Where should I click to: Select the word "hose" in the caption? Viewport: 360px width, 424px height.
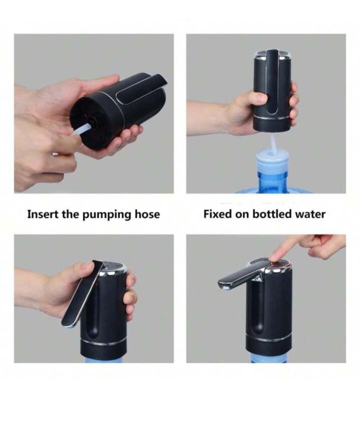click(147, 214)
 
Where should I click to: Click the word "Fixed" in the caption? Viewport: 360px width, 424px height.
click(217, 214)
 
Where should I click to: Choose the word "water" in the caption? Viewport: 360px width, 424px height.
click(309, 215)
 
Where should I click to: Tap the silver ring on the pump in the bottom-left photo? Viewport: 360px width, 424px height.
click(104, 343)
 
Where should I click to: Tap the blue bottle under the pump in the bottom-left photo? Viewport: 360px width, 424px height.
click(104, 359)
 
